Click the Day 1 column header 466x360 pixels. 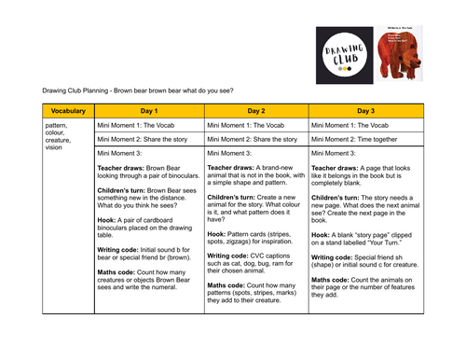click(x=147, y=110)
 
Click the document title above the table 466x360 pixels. click(x=138, y=90)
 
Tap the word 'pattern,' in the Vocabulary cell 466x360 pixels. click(x=57, y=124)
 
